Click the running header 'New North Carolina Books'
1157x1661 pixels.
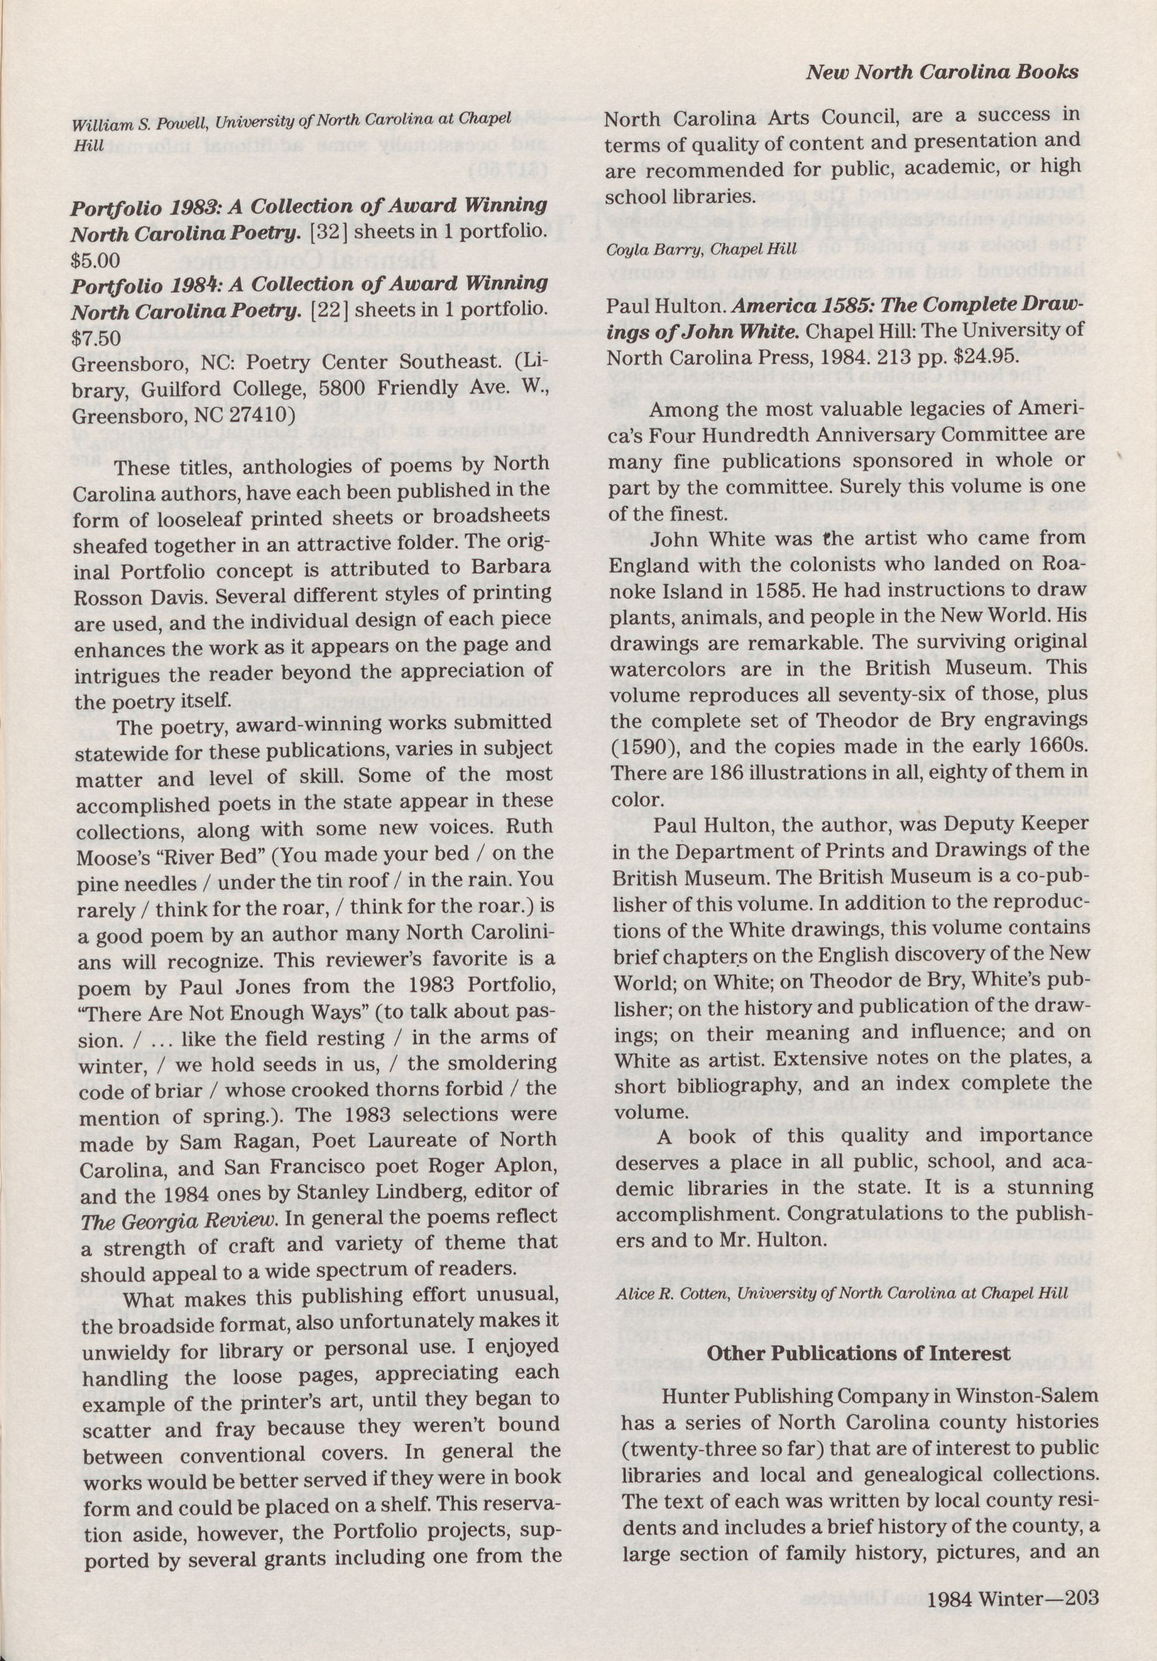[942, 72]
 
